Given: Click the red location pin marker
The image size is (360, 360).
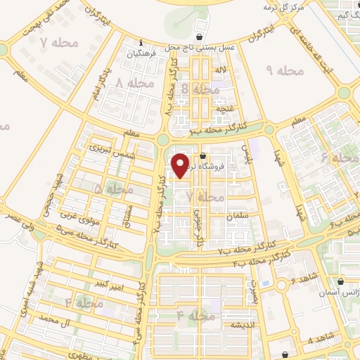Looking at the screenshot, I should pyautogui.click(x=181, y=166).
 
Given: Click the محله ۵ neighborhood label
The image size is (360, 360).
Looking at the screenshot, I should pyautogui.click(x=112, y=189).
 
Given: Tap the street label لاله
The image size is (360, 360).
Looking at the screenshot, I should pyautogui.click(x=220, y=71).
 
